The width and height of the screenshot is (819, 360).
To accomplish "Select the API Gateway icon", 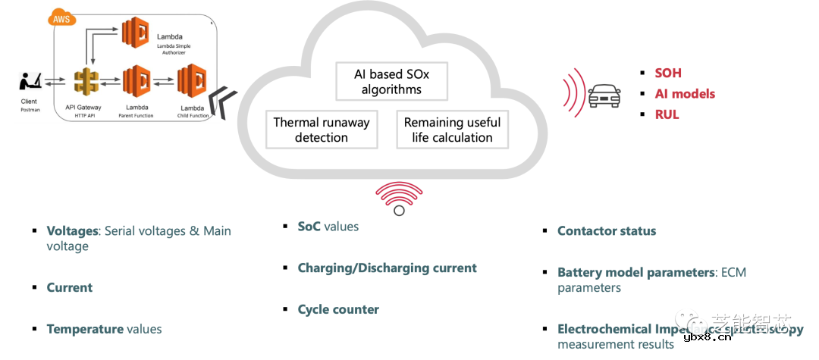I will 88,82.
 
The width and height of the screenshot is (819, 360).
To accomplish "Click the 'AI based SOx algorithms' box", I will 391,82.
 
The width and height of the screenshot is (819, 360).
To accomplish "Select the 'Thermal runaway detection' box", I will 322,130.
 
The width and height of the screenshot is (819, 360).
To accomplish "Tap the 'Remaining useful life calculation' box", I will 452,130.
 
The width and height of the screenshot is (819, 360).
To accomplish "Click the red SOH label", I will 668,74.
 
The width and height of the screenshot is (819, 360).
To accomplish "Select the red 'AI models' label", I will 685,94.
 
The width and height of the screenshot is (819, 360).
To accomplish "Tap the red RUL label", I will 667,114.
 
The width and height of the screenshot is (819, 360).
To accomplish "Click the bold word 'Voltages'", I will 73,230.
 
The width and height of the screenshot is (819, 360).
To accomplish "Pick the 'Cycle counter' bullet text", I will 338,309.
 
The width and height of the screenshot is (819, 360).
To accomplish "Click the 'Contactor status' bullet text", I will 607,231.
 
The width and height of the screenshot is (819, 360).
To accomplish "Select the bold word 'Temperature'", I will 85,329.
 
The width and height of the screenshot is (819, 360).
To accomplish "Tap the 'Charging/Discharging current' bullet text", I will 387,268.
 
